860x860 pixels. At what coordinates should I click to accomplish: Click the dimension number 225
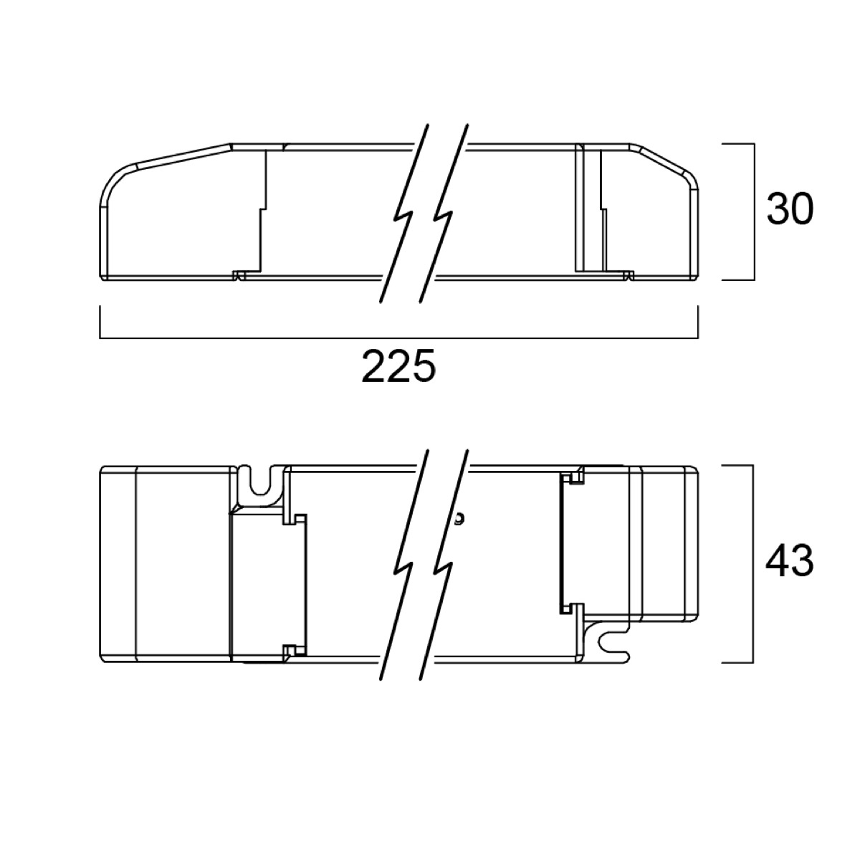pos(398,366)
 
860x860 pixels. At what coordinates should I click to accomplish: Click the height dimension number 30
pos(790,209)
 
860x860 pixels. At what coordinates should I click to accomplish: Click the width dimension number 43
pos(790,561)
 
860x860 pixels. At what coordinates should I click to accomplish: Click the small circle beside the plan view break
pos(459,519)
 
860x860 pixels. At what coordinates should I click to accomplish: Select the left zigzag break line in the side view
pos(404,214)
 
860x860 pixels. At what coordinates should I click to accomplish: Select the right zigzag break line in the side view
pos(444,214)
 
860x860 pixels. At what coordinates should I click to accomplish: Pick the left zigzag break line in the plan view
pos(404,570)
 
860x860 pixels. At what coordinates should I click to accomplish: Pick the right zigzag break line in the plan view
pos(444,570)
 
